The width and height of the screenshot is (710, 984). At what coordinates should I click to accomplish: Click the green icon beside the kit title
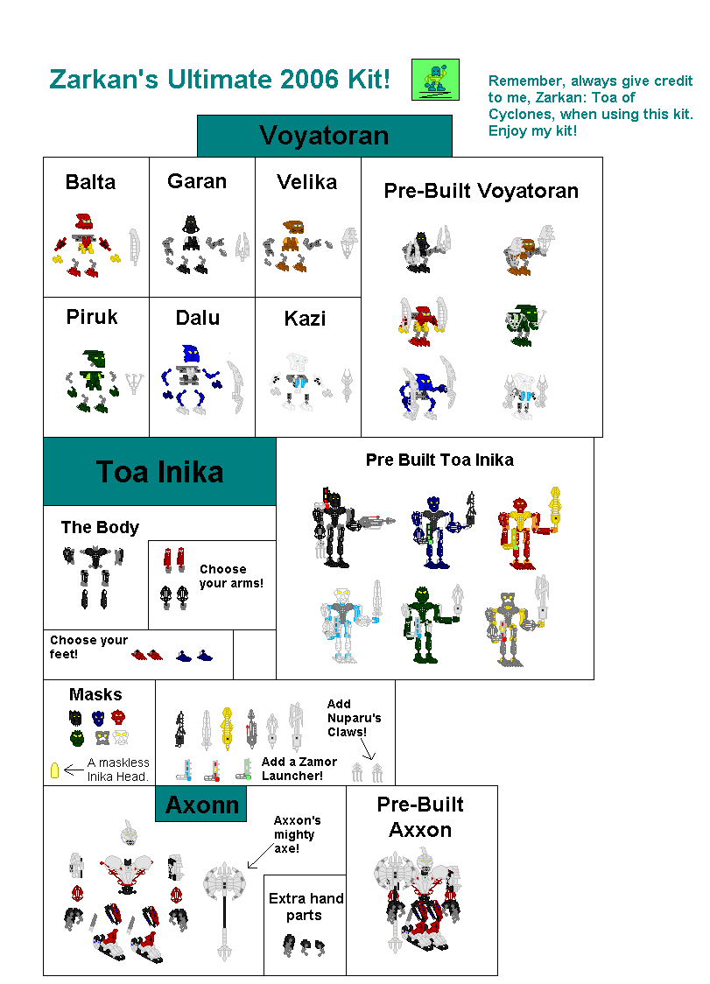(435, 80)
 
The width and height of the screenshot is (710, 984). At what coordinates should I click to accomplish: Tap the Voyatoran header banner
(324, 136)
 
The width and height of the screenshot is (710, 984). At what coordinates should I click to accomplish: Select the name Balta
(90, 182)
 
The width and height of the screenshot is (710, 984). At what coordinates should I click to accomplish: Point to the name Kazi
(305, 319)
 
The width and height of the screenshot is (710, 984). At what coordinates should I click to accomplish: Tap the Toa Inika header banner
(159, 472)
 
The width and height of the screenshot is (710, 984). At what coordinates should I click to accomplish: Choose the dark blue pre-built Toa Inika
(432, 531)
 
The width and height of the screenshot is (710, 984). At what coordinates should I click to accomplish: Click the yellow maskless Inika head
(54, 770)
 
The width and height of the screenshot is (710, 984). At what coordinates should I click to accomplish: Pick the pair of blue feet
(194, 654)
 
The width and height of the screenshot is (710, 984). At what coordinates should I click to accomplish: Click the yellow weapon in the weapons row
(228, 726)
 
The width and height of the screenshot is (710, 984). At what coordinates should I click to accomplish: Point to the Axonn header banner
(200, 804)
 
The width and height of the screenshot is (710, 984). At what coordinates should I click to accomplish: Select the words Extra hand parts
(306, 907)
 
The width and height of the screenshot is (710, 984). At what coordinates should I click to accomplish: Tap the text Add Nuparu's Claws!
(354, 718)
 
